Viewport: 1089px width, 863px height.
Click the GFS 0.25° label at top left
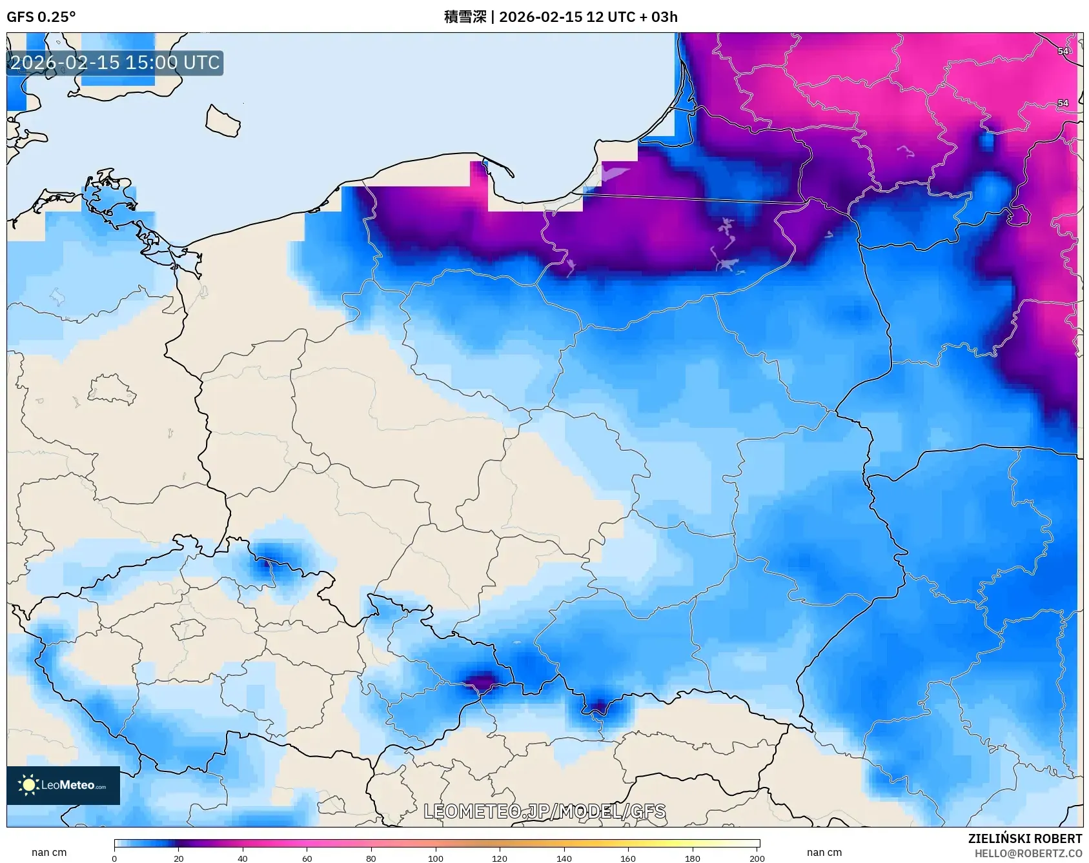coord(41,17)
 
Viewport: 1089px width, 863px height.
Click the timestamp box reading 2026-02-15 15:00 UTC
coord(115,63)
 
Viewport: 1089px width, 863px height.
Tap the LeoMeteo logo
coord(63,785)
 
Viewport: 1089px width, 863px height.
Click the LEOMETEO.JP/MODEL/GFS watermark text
coord(544,811)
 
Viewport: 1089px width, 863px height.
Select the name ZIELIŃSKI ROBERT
coord(1024,838)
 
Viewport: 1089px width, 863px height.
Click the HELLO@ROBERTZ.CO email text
coord(1028,853)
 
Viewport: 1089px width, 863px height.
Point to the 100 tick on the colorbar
coord(436,858)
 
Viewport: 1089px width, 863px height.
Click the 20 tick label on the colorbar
coord(179,858)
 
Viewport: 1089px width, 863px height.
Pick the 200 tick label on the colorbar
coord(757,858)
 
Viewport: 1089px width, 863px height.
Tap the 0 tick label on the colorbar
coord(114,858)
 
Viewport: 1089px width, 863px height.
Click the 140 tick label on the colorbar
coord(564,858)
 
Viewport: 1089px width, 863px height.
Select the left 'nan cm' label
coord(49,852)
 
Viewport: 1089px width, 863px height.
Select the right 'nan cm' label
coord(824,852)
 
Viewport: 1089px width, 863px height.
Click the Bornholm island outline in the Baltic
coord(223,121)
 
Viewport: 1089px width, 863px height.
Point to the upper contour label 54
coord(1063,51)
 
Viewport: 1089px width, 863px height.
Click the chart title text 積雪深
coord(465,17)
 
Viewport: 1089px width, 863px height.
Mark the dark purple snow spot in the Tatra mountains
coord(599,708)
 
